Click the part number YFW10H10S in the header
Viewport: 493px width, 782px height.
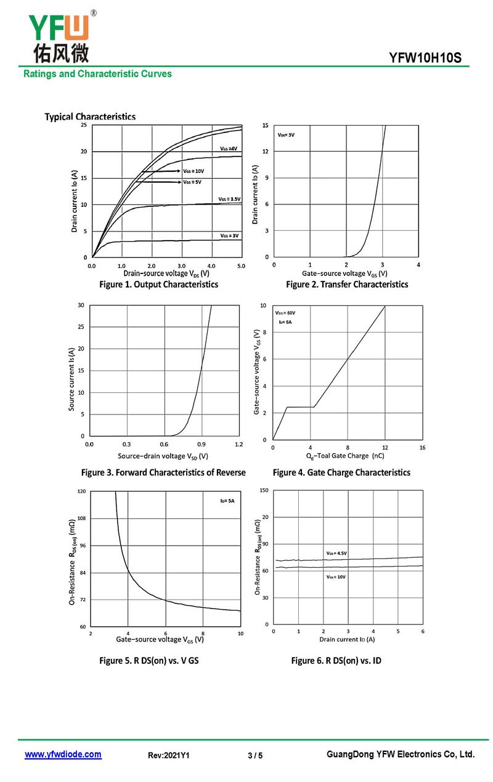(425, 58)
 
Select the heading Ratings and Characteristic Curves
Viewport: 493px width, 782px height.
(97, 74)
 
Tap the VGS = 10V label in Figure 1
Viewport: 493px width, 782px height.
(193, 171)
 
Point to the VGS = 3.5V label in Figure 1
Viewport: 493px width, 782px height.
(229, 199)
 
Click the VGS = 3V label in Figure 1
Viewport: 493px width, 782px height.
(229, 236)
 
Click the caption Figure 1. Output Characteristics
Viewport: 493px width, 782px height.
(158, 284)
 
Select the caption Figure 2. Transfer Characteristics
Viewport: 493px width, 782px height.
(347, 284)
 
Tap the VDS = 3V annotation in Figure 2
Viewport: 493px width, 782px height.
(286, 134)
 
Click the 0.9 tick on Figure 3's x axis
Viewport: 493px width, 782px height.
(202, 444)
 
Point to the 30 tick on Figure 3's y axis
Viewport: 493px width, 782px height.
(81, 305)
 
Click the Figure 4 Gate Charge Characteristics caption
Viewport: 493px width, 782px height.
(341, 472)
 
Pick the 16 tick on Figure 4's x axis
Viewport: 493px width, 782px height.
(422, 448)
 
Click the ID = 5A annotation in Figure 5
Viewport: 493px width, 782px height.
(227, 501)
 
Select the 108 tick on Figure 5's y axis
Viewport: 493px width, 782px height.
(81, 518)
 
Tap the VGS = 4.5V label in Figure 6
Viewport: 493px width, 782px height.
(336, 553)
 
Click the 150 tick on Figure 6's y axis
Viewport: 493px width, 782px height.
(264, 490)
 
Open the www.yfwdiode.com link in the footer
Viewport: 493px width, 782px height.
(63, 754)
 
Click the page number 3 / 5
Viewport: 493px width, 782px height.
(255, 756)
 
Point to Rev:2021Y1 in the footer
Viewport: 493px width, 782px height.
(169, 756)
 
